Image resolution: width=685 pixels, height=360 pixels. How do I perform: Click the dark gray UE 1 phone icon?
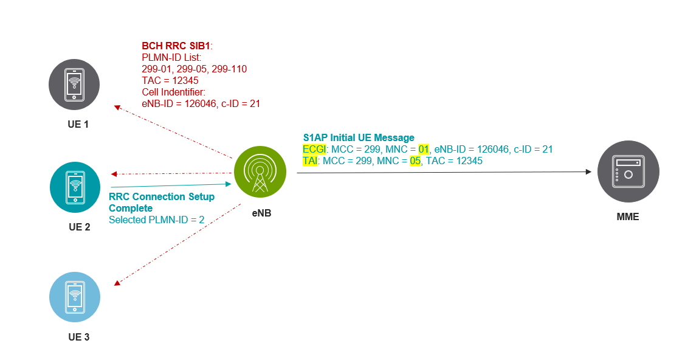(74, 84)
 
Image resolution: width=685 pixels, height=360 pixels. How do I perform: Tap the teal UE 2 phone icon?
(74, 187)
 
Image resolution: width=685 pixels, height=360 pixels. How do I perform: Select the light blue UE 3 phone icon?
(74, 296)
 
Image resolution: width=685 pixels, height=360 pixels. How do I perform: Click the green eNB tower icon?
(260, 172)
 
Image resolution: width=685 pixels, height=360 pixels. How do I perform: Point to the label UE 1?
(78, 125)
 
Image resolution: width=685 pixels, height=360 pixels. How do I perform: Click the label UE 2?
(79, 227)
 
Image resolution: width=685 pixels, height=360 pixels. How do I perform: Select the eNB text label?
(261, 213)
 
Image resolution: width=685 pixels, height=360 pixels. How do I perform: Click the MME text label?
(627, 216)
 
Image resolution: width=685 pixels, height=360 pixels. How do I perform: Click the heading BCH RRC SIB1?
(176, 46)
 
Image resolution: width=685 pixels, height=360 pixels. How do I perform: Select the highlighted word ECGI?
(314, 149)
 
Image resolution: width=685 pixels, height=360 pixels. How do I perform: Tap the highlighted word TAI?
(310, 161)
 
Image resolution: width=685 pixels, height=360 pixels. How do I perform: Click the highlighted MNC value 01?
(424, 149)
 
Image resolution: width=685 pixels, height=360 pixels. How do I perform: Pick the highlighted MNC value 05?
(416, 161)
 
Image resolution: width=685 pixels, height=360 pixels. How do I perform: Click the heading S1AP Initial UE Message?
(359, 137)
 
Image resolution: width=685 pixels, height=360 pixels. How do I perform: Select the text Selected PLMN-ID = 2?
(156, 220)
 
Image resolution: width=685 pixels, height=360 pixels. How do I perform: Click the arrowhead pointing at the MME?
(588, 172)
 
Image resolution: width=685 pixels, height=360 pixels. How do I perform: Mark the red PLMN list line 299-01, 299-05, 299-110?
(194, 69)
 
